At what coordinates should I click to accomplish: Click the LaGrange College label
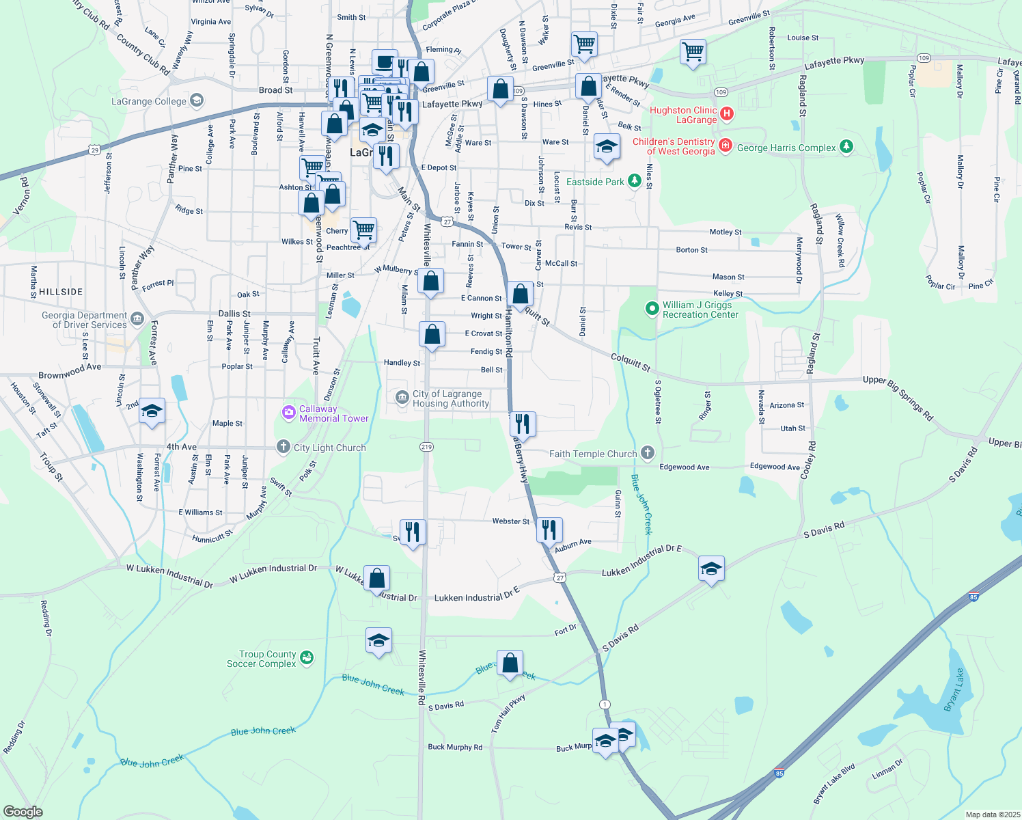149,102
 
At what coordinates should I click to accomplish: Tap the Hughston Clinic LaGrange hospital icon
727,114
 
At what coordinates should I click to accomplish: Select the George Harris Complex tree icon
846,147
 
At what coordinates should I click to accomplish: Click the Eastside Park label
595,182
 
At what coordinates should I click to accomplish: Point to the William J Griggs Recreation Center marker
652,310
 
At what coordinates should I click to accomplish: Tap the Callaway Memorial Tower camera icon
288,413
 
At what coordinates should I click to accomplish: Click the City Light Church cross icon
284,447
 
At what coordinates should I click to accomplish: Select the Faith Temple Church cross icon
648,453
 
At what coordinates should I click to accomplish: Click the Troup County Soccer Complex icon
307,658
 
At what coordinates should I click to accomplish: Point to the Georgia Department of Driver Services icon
137,319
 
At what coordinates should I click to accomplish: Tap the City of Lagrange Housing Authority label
450,398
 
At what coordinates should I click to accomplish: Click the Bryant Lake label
954,689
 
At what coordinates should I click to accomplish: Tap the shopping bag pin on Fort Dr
510,664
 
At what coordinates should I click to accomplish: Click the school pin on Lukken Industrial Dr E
711,569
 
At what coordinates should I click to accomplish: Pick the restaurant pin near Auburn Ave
549,530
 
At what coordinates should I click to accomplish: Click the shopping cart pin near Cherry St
363,230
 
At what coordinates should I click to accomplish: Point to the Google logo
23,812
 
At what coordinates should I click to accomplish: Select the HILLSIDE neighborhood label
61,292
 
